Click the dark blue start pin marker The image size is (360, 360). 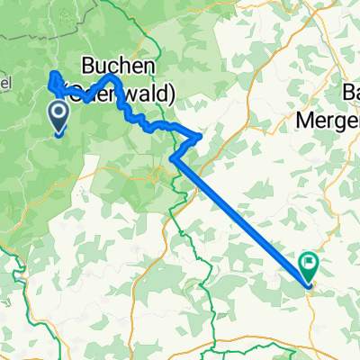click(x=59, y=116)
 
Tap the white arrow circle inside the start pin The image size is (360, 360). click(x=59, y=113)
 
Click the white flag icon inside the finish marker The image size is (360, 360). click(x=310, y=264)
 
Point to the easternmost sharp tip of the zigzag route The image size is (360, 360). click(x=200, y=137)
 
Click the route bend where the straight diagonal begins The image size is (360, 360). click(x=172, y=161)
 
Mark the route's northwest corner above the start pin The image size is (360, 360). click(x=50, y=73)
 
